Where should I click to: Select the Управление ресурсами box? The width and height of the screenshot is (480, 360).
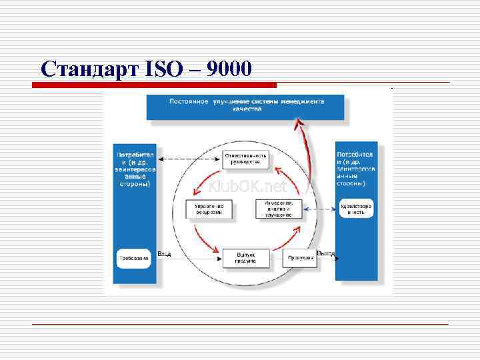[209, 209]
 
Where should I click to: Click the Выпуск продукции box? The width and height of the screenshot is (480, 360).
[245, 258]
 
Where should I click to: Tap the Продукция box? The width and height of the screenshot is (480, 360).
[301, 257]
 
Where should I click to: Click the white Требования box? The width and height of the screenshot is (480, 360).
[133, 257]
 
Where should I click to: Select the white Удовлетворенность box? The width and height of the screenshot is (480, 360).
[356, 209]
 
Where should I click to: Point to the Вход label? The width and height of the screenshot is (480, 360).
[165, 254]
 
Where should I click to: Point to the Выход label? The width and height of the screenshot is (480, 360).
[325, 253]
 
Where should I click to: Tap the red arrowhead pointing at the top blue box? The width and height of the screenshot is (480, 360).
[300, 124]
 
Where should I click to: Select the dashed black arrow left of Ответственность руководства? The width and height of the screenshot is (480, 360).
[189, 159]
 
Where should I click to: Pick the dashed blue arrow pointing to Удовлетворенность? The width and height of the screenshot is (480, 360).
[320, 209]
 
